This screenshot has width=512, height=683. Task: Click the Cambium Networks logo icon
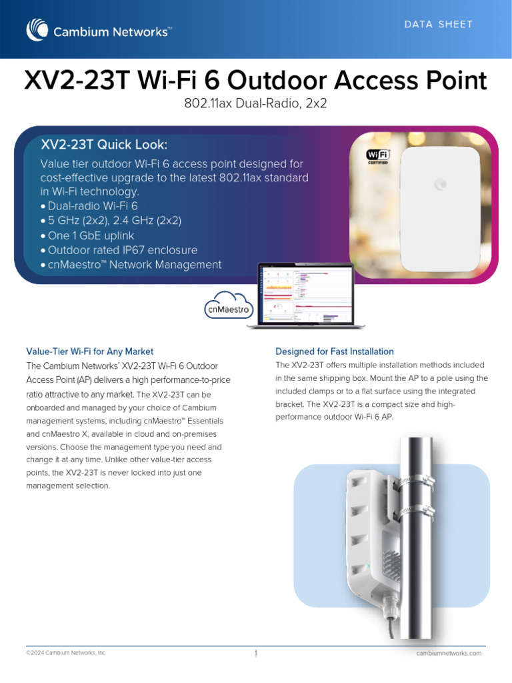point(36,30)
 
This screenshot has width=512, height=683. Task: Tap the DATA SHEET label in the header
point(439,25)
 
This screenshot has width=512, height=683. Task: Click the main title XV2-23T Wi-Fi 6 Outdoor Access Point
point(255,81)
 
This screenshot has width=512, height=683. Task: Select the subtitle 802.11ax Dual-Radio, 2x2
point(255,105)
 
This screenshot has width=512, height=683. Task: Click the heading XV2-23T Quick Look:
point(105,145)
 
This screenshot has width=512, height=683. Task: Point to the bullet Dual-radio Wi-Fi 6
point(93,206)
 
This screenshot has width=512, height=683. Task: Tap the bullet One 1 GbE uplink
point(91,235)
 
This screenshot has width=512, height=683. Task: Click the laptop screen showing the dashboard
point(306,294)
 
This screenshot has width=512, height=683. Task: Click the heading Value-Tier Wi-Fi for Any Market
point(89,351)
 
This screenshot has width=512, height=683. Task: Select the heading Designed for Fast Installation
point(335,351)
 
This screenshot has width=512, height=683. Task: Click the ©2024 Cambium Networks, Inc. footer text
point(66,653)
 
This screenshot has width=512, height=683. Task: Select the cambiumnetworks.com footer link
point(449,653)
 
